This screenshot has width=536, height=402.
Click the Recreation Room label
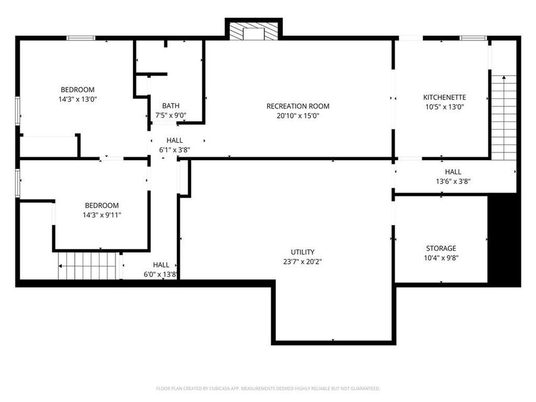(x=298, y=106)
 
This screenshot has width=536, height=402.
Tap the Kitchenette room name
(x=444, y=97)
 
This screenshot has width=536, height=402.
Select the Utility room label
(x=303, y=252)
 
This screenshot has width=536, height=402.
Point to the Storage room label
(x=441, y=248)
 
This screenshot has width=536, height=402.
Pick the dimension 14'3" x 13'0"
(x=77, y=99)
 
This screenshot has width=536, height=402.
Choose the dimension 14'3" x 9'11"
(x=101, y=215)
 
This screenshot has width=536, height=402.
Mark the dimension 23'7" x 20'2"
(x=303, y=261)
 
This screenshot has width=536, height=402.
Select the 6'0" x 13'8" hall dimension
(x=161, y=275)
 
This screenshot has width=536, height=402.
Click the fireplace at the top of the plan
(x=253, y=31)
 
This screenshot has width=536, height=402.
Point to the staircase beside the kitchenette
(x=503, y=119)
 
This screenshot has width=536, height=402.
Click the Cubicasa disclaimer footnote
(x=268, y=388)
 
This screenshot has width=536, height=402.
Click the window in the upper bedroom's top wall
(x=80, y=38)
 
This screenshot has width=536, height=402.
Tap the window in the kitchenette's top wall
(x=473, y=38)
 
